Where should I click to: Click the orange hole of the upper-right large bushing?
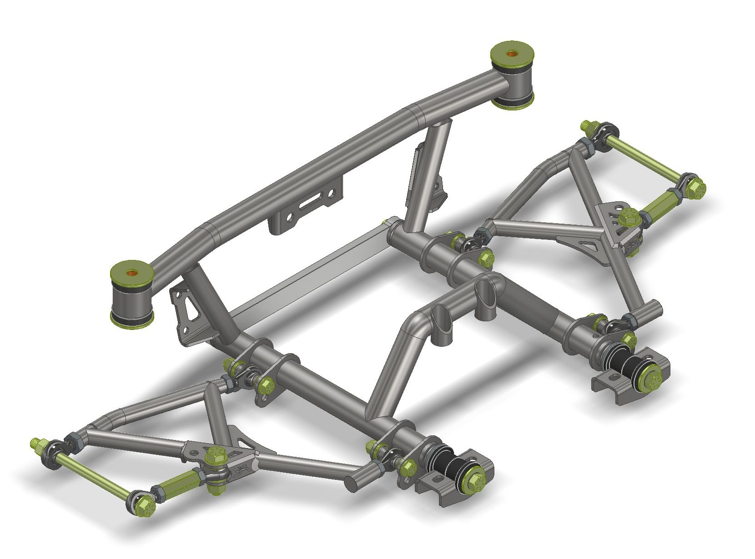512,53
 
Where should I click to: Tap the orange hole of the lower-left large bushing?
131,273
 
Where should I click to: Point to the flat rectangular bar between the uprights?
309,268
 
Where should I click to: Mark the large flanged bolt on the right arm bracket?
629,218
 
